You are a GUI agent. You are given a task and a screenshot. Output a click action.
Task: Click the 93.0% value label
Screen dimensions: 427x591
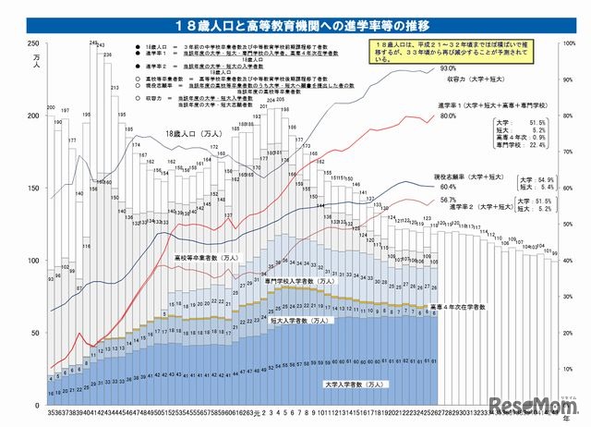pyautogui.click(x=449, y=68)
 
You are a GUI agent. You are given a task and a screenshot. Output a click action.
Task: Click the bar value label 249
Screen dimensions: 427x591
pyautogui.click(x=93, y=43)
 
